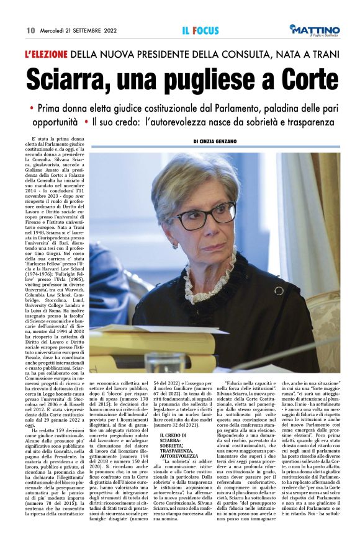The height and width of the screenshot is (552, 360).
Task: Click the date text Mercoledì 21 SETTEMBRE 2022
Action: [x=78, y=30]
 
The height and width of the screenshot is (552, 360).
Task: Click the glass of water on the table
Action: [x=164, y=360]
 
